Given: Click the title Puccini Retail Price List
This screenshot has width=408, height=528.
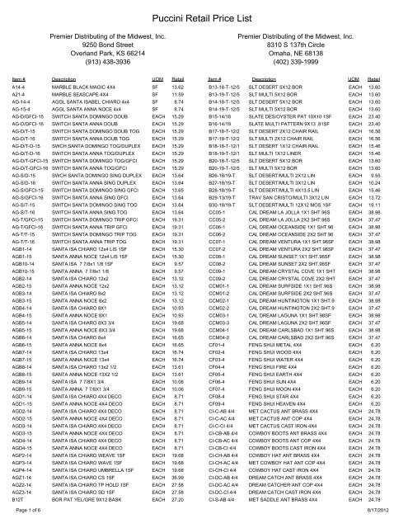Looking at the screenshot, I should [x=204, y=14].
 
